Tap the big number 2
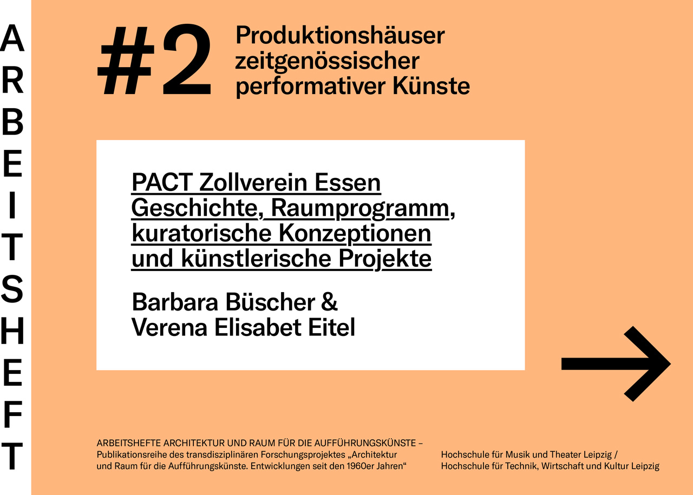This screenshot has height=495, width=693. point(187,60)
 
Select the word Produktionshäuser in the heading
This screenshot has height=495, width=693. point(340,36)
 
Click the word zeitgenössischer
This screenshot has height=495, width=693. point(327,62)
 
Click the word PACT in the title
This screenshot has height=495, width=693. point(162,183)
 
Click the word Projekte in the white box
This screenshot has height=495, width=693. point(385,259)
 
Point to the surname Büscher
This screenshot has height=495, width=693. point(270,302)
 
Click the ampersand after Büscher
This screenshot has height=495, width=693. point(329,302)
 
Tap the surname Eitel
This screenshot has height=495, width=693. point(331,327)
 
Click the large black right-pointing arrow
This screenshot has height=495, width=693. point(616,364)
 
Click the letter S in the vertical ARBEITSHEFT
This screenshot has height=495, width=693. point(12,289)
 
